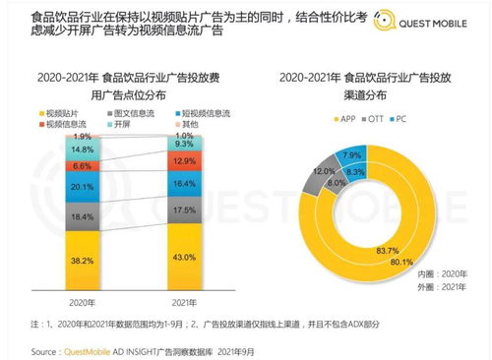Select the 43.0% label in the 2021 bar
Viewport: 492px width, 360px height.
(x=182, y=256)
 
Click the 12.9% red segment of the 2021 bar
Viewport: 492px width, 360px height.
(x=182, y=159)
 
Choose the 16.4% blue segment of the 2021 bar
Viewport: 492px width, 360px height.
(x=182, y=183)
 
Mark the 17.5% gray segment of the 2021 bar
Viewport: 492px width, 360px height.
(x=182, y=210)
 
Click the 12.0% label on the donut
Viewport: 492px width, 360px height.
(x=323, y=171)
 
